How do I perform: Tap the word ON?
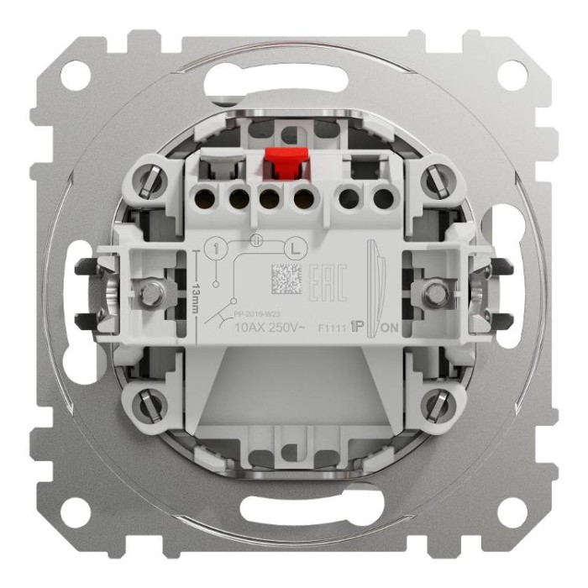(x=390, y=329)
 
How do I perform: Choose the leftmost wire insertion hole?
(x=203, y=199)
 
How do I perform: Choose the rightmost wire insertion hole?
(x=383, y=199)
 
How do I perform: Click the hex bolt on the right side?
(x=434, y=293)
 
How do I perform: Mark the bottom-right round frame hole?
(x=512, y=512)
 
